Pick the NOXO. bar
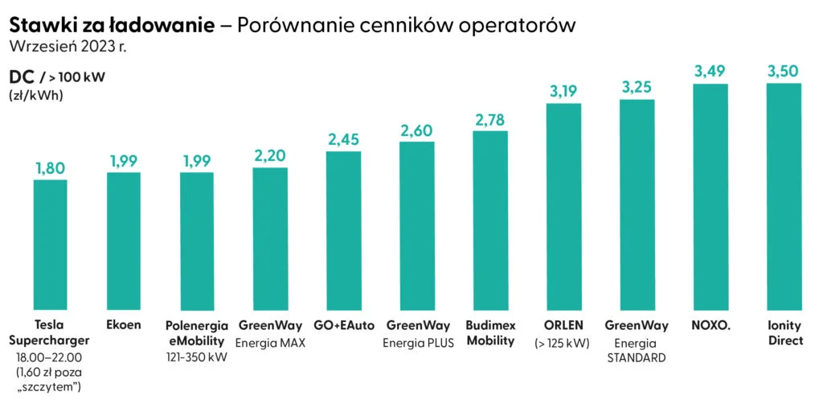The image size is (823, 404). coord(710,196)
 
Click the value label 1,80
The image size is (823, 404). coord(50,168)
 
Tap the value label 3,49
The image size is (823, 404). coord(710,72)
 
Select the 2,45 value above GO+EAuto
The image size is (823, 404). coord(343,139)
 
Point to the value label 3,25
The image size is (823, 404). coord(637,88)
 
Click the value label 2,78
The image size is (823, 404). coord(490,120)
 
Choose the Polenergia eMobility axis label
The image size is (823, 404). coord(197,332)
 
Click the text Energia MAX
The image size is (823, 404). coord(270,343)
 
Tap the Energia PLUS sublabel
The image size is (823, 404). coord(416,343)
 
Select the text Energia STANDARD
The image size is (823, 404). coord(637,350)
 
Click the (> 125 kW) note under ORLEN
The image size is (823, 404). coord(563,343)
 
